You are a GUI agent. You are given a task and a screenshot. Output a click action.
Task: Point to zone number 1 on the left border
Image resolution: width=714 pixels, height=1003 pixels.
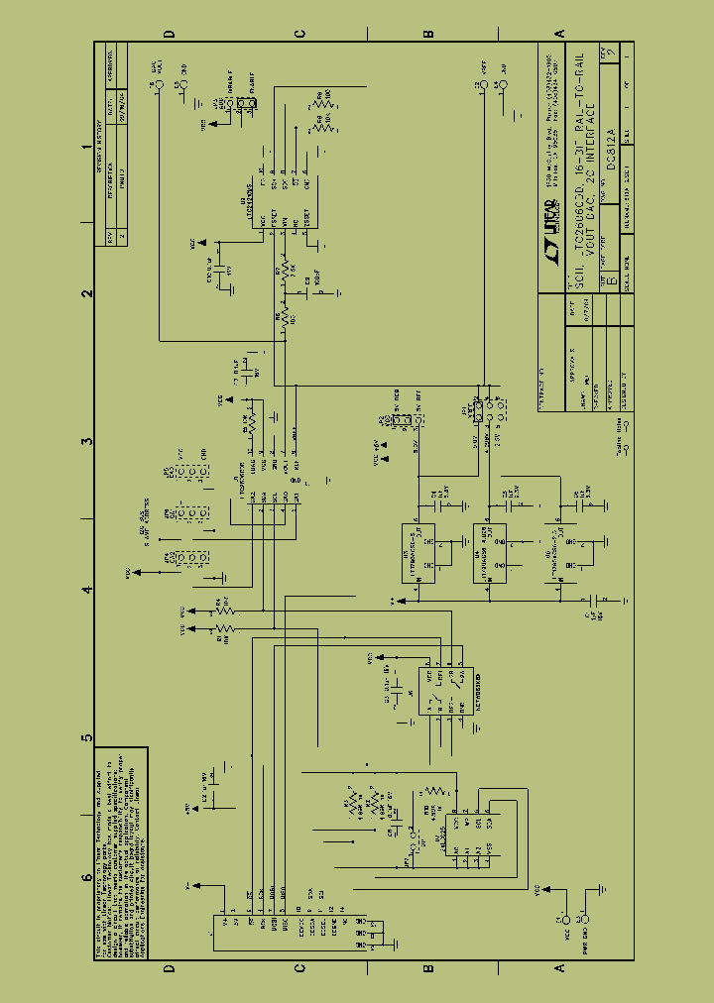87,148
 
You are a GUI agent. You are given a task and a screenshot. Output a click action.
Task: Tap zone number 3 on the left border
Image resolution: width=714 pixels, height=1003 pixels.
87,442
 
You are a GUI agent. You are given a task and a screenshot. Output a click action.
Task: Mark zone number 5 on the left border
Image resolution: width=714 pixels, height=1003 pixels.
87,737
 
